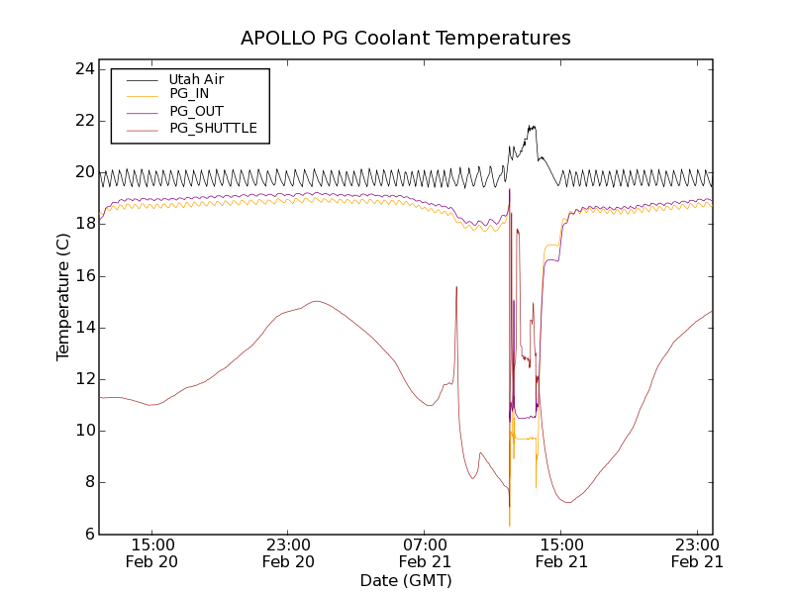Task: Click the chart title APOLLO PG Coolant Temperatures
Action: (406, 39)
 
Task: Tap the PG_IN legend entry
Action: (189, 94)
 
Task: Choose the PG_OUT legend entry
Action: (196, 111)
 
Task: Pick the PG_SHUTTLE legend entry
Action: (213, 128)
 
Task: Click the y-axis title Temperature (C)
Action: (63, 297)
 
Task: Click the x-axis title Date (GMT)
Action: (406, 580)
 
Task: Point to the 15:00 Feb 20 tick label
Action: (152, 552)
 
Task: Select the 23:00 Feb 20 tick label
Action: (288, 552)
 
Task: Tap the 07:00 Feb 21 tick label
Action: (425, 552)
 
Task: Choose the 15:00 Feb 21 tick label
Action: (560, 552)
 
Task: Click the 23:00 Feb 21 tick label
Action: (697, 552)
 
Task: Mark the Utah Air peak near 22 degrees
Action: (533, 127)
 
